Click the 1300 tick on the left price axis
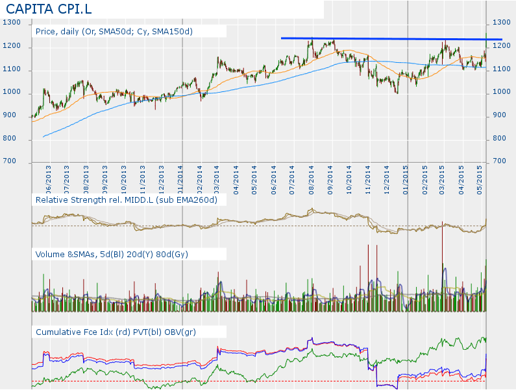(12, 23)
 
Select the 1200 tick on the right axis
(502, 46)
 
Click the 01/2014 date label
(180, 178)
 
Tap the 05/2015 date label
(480, 178)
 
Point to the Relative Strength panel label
(130, 200)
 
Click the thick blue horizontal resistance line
(389, 39)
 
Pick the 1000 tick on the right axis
(502, 92)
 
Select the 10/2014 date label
(349, 178)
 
